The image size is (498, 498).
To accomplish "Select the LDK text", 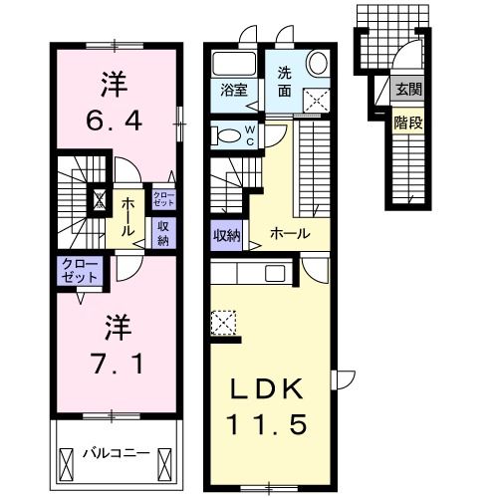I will [x=269, y=388].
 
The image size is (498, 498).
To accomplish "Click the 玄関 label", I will [x=408, y=91].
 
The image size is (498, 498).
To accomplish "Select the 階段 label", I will [x=407, y=124].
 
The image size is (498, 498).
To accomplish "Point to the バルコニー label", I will [x=116, y=453].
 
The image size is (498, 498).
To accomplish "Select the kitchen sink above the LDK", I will [x=274, y=272].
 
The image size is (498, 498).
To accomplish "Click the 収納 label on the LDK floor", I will [x=226, y=236].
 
